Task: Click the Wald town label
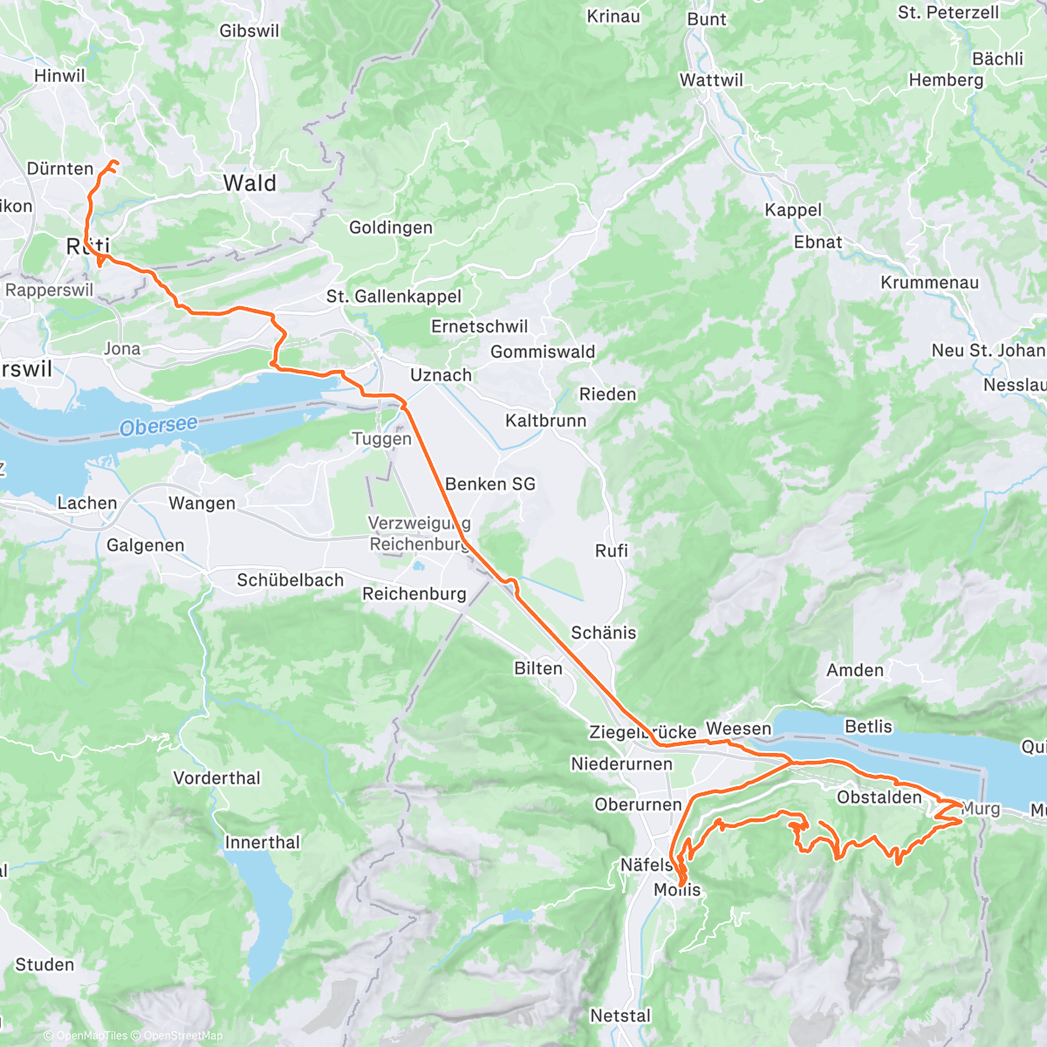click(x=250, y=183)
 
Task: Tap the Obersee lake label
click(x=159, y=426)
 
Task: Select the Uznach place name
click(x=441, y=375)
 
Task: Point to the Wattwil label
click(x=711, y=80)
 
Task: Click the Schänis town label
click(x=603, y=633)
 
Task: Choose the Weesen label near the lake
click(x=738, y=729)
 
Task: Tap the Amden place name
click(x=855, y=670)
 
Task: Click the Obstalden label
click(x=879, y=797)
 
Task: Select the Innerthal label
click(x=262, y=842)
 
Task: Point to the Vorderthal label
click(x=216, y=777)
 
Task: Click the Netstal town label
click(x=620, y=1016)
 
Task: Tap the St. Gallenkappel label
click(x=393, y=297)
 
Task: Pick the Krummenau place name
click(x=929, y=283)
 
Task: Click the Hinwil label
click(x=59, y=76)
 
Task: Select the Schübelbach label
click(x=290, y=580)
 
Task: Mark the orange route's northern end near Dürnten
click(x=113, y=162)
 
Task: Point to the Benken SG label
click(x=489, y=484)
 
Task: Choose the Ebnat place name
click(x=818, y=243)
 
